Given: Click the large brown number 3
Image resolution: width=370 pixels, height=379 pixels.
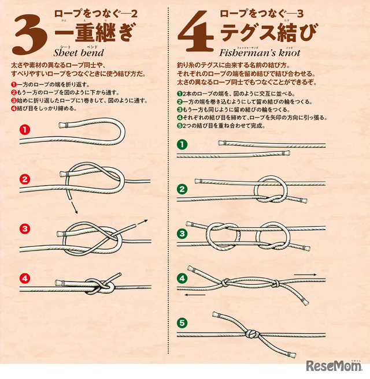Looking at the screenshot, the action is pyautogui.click(x=29, y=34).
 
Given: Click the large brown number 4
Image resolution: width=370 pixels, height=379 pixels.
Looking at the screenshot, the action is pyautogui.click(x=196, y=31).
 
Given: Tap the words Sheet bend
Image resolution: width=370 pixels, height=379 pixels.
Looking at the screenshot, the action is pyautogui.click(x=79, y=52).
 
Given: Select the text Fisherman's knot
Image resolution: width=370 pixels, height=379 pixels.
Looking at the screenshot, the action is pyautogui.click(x=260, y=52).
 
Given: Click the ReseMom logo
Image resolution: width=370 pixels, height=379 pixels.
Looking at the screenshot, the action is pyautogui.click(x=334, y=366).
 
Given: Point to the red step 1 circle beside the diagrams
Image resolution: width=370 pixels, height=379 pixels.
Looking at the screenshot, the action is pyautogui.click(x=25, y=130).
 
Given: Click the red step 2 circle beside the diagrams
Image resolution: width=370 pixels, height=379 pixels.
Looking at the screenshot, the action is pyautogui.click(x=25, y=179).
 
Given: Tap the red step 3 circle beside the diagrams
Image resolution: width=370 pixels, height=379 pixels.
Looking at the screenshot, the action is pyautogui.click(x=25, y=228).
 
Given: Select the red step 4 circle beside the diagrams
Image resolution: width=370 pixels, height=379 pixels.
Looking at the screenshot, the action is pyautogui.click(x=25, y=279).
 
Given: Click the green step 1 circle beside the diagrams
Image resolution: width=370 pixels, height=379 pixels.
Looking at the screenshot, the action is pyautogui.click(x=182, y=145).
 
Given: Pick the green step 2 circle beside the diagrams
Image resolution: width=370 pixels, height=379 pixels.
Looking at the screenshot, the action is pyautogui.click(x=182, y=189).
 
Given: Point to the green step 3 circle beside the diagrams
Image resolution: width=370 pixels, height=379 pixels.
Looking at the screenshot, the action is pyautogui.click(x=182, y=234).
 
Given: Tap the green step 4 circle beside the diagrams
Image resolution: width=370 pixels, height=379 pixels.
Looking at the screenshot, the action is pyautogui.click(x=182, y=278).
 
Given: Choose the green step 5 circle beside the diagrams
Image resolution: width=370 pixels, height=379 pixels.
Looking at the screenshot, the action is pyautogui.click(x=182, y=323).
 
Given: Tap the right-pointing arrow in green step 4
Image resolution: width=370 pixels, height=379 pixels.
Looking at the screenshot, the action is pyautogui.click(x=305, y=275).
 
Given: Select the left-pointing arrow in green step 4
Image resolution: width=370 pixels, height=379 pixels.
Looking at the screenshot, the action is pyautogui.click(x=195, y=295).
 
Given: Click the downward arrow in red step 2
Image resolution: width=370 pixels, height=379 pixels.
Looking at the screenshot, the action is pyautogui.click(x=75, y=208).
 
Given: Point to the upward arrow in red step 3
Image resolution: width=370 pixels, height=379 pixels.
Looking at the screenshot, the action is pyautogui.click(x=142, y=222).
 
